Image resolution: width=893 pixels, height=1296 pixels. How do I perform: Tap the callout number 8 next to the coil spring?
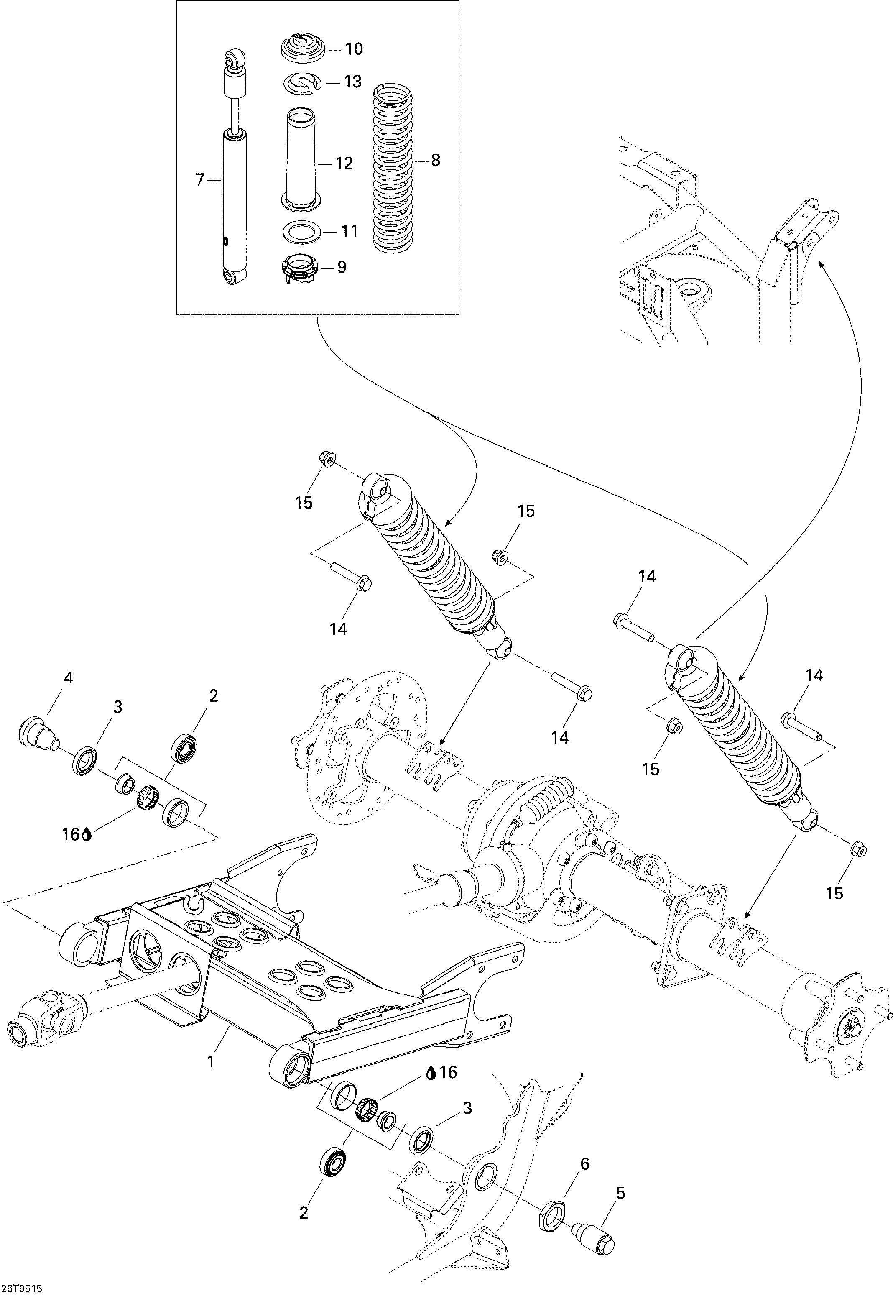click(435, 160)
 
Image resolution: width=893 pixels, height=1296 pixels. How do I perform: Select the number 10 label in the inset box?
click(354, 49)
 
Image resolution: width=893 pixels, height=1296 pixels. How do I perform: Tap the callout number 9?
click(341, 267)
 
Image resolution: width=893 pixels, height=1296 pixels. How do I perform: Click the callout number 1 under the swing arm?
click(211, 1061)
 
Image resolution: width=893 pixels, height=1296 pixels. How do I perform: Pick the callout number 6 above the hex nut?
click(585, 1163)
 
